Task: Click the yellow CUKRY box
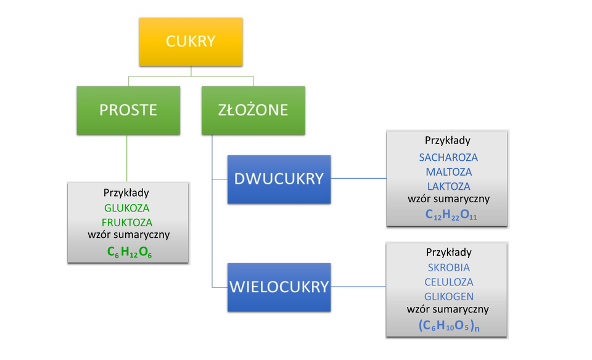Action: [x=191, y=42]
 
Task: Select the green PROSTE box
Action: [x=128, y=110]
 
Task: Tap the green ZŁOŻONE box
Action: [x=253, y=110]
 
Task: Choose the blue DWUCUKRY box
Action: [x=279, y=179]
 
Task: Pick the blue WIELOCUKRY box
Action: [x=279, y=287]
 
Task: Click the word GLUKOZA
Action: [x=127, y=208]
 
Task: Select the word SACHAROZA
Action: [x=448, y=157]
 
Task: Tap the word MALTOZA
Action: [x=448, y=172]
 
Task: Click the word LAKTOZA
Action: [x=448, y=186]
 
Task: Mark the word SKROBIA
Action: [x=449, y=268]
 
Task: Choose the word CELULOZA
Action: [x=449, y=282]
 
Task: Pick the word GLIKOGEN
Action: [x=449, y=297]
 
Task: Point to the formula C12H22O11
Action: [x=449, y=215]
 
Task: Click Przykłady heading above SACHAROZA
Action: [x=448, y=141]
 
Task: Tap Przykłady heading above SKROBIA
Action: [x=449, y=252]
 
